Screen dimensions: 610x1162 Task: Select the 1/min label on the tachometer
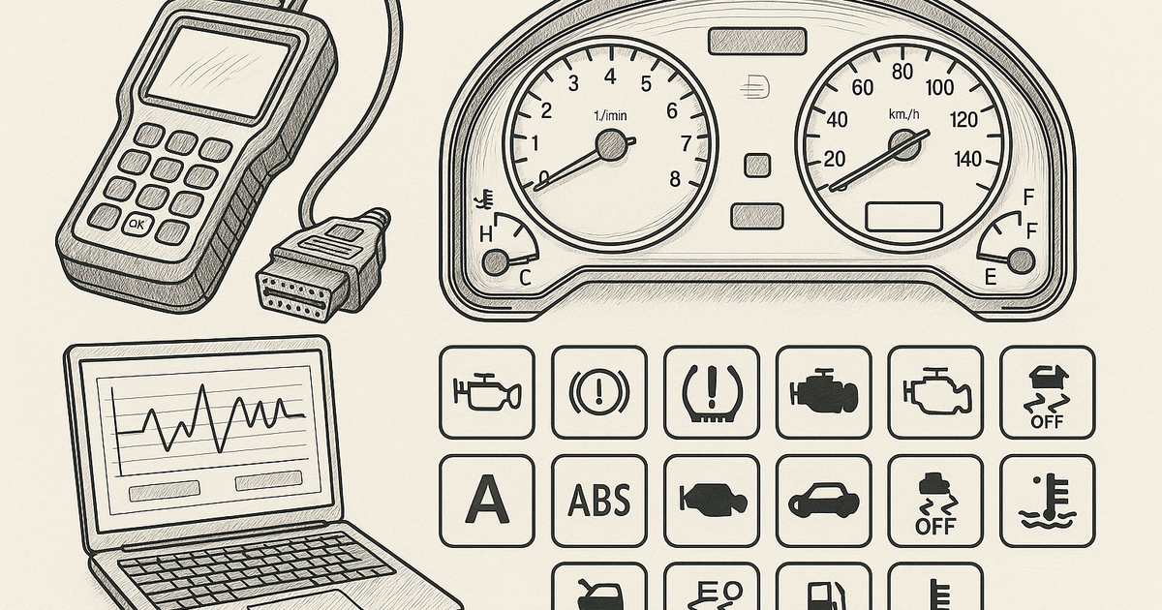[x=610, y=116]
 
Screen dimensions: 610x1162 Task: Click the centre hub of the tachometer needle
[x=611, y=145]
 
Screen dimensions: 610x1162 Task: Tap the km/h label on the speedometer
[x=902, y=115]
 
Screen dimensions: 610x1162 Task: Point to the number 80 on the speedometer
[x=902, y=72]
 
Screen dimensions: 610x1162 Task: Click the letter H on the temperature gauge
[x=487, y=233]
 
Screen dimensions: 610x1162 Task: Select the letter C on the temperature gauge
[x=526, y=278]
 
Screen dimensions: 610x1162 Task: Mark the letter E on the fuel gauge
[x=990, y=278]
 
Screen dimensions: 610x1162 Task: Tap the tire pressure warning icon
[x=710, y=392]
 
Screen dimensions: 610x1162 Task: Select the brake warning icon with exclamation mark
[x=597, y=392]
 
